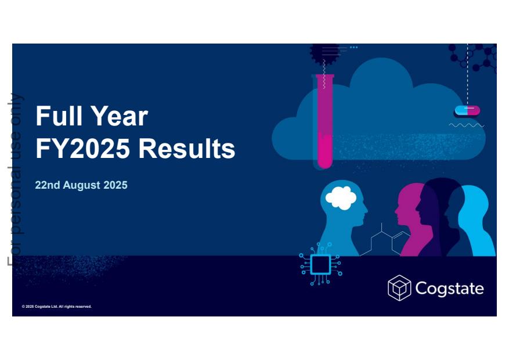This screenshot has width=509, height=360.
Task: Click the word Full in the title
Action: click(x=59, y=116)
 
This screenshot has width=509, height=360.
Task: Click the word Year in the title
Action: click(x=119, y=116)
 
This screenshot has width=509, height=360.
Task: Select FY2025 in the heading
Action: click(x=83, y=148)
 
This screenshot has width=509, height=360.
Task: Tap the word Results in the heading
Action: click(x=187, y=148)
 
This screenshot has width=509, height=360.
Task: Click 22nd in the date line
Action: click(x=48, y=185)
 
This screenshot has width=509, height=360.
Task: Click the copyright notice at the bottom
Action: click(x=57, y=307)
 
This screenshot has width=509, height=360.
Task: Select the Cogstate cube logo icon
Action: click(x=399, y=288)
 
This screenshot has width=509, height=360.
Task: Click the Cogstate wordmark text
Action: click(x=450, y=289)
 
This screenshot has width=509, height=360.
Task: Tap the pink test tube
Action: click(x=324, y=122)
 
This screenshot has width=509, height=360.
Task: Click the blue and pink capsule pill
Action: click(x=467, y=110)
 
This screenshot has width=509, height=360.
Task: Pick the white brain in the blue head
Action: click(x=341, y=198)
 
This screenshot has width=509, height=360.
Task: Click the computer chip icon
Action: click(x=320, y=264)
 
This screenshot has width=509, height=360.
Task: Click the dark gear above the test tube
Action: click(x=324, y=53)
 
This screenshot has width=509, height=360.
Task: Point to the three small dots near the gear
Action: click(x=354, y=48)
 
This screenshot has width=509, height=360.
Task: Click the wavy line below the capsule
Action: click(x=467, y=125)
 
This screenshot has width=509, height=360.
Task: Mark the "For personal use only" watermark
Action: click(x=15, y=179)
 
